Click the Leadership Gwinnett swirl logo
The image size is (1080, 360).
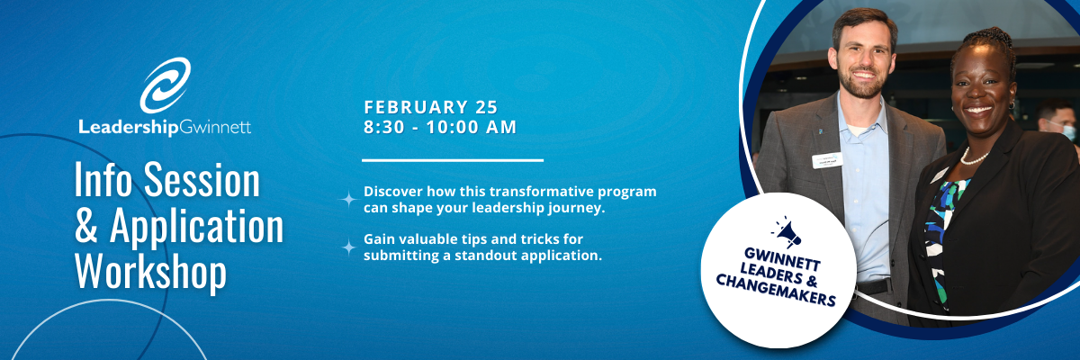click(x=165, y=85)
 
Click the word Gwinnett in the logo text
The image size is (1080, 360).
click(x=215, y=128)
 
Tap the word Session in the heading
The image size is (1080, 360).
click(x=202, y=180)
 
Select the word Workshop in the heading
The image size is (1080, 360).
click(x=150, y=272)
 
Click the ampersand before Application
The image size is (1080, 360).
click(x=85, y=226)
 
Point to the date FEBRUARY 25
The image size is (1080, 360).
click(x=430, y=107)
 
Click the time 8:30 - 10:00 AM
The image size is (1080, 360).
click(x=440, y=127)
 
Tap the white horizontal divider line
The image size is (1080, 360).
click(x=453, y=160)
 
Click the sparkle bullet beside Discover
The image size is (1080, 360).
click(x=348, y=199)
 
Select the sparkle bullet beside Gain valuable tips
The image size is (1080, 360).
click(x=348, y=247)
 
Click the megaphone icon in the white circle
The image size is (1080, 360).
click(x=787, y=232)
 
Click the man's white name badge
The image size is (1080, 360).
click(x=827, y=160)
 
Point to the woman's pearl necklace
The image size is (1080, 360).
click(x=974, y=157)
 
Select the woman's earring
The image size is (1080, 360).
click(x=1012, y=104)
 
